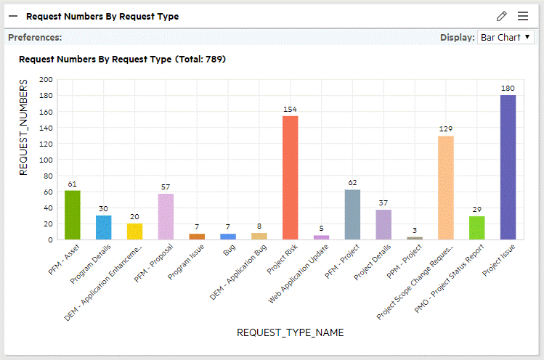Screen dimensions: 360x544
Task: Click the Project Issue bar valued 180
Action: tap(508, 167)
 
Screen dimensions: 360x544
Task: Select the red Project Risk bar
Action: tap(290, 178)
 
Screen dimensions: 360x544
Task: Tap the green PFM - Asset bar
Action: tap(73, 215)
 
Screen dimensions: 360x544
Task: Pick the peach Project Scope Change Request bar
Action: tap(446, 187)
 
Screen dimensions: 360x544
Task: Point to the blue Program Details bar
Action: tap(104, 227)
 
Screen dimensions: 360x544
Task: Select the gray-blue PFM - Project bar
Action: tap(352, 214)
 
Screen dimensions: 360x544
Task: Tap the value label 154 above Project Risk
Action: tap(290, 110)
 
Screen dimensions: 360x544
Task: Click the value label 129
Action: tap(446, 129)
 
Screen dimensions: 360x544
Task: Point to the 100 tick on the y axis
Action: tap(46, 160)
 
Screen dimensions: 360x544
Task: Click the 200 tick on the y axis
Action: tap(46, 80)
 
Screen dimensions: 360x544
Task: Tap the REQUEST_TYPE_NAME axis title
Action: tap(290, 332)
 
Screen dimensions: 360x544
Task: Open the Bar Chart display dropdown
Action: tap(506, 37)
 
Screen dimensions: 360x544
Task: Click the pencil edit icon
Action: tap(501, 16)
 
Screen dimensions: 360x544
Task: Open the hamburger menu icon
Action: tap(523, 16)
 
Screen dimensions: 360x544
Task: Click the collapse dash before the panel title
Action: tap(13, 16)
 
